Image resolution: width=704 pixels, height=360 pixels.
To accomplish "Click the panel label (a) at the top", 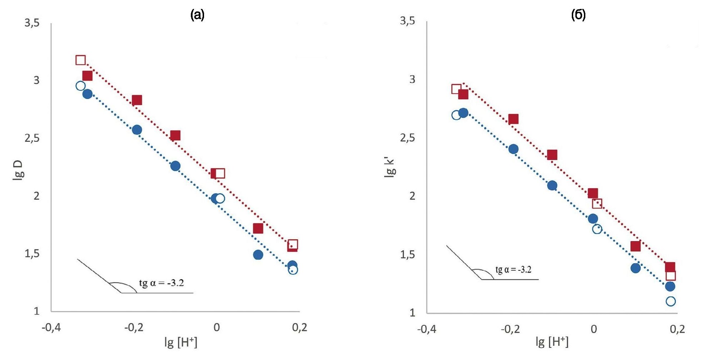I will pyautogui.click(x=197, y=15).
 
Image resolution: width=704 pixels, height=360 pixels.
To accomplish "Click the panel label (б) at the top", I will pyautogui.click(x=578, y=15).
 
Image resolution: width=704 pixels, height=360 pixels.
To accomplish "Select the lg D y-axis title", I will pyautogui.click(x=18, y=171).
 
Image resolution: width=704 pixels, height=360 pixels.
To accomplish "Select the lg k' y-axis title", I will pyautogui.click(x=390, y=168).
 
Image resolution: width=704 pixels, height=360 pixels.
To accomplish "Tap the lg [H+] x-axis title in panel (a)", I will pyautogui.click(x=181, y=342).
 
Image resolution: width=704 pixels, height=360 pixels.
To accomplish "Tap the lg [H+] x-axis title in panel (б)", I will pyautogui.click(x=552, y=342).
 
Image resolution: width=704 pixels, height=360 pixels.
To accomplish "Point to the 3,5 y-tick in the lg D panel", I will pyautogui.click(x=32, y=23).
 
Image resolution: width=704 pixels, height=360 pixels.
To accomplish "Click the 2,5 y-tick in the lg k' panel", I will pyautogui.click(x=407, y=138).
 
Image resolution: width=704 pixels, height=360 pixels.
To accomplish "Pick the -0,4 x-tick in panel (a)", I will pyautogui.click(x=51, y=327).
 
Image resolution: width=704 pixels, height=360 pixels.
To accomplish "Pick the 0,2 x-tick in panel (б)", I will pyautogui.click(x=677, y=329).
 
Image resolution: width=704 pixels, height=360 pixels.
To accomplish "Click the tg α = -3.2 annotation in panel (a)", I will pyautogui.click(x=162, y=283).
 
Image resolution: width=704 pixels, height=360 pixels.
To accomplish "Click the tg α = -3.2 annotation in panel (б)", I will pyautogui.click(x=513, y=270).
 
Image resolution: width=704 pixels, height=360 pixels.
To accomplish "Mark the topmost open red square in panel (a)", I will pyautogui.click(x=80, y=60).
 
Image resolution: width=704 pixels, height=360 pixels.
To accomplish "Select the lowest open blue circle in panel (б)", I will pyautogui.click(x=670, y=301).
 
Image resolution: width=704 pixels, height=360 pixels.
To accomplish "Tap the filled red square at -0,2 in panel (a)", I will pyautogui.click(x=137, y=100).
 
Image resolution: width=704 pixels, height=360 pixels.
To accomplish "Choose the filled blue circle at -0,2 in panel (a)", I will pyautogui.click(x=137, y=130).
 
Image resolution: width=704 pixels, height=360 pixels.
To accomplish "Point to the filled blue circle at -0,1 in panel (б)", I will pyautogui.click(x=552, y=185).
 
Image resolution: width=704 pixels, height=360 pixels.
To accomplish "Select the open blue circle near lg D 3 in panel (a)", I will pyautogui.click(x=80, y=86).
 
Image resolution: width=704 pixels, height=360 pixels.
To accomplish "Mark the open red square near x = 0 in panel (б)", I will pyautogui.click(x=597, y=204).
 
